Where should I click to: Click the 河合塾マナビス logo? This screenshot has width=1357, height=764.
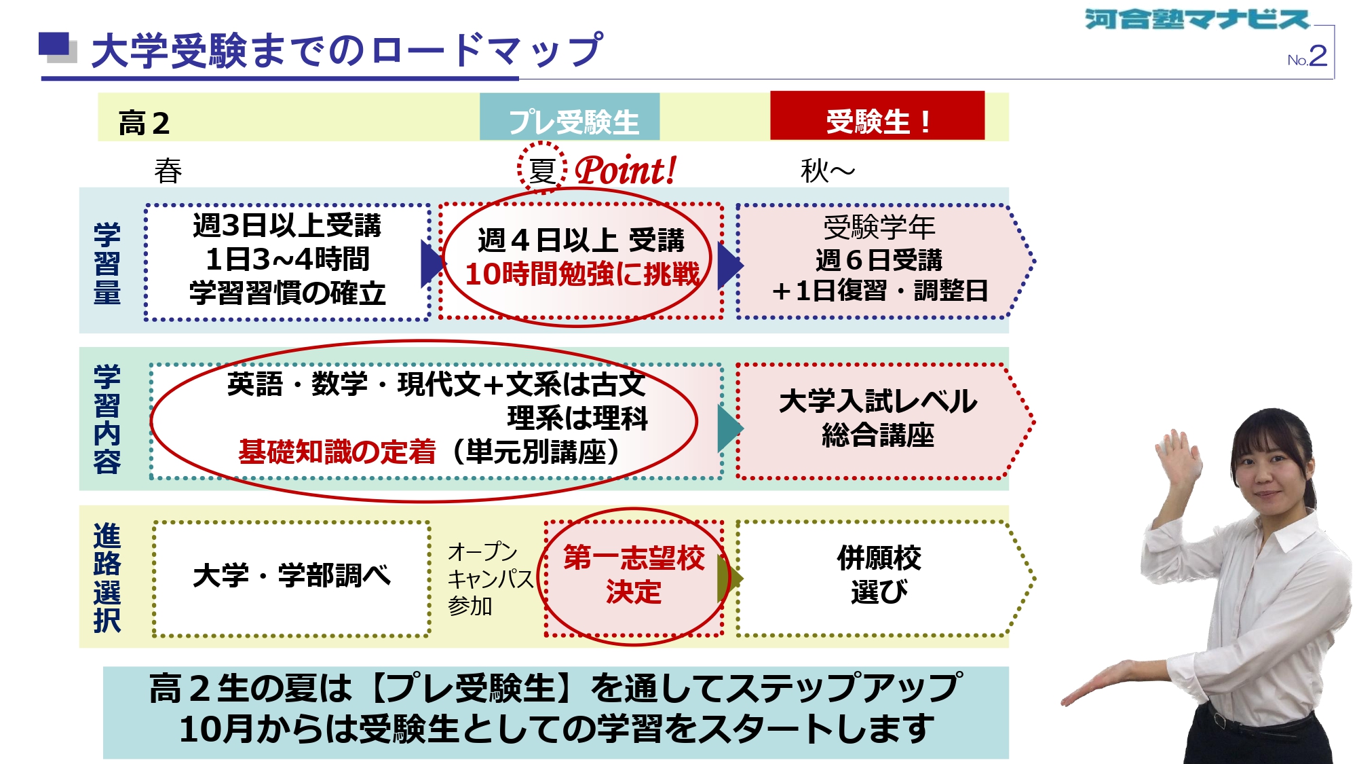(1197, 19)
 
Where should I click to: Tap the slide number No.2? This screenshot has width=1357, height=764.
(1307, 56)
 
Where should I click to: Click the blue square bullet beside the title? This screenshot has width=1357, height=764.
(54, 45)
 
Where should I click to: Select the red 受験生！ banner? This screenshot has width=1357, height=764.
(877, 116)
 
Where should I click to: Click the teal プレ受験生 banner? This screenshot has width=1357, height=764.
(570, 117)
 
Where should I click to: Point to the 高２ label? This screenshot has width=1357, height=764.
(144, 124)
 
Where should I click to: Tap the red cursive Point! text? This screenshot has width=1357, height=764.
(626, 170)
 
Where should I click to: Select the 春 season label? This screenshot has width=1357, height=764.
(168, 170)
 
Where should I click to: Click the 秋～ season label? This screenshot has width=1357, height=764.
(827, 170)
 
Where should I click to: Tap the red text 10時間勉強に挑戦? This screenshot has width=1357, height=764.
(582, 274)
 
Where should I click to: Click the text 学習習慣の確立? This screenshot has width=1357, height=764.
(287, 293)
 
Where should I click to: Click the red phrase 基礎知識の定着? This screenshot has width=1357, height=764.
(337, 452)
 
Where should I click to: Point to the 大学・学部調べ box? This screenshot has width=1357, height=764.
(292, 579)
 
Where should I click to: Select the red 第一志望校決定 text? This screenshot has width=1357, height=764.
(634, 575)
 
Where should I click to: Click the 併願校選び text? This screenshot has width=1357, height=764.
(879, 575)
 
